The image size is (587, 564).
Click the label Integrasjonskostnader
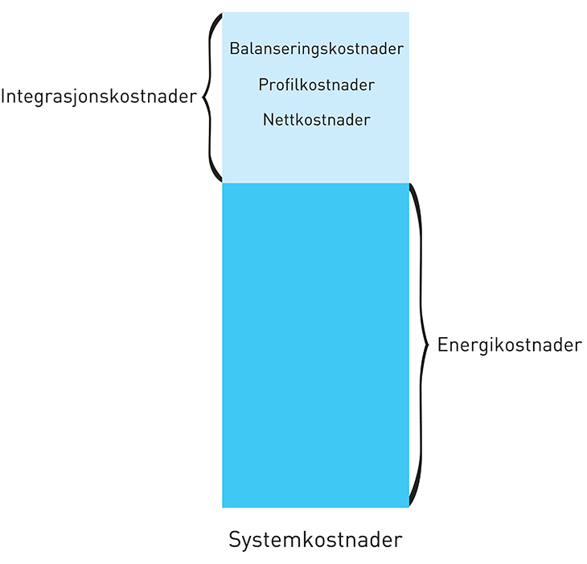click(x=99, y=97)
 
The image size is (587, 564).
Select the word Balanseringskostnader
click(x=316, y=48)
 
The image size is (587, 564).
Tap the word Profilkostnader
click(x=316, y=84)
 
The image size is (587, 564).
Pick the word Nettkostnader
click(x=316, y=120)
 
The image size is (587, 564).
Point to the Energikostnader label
click(x=509, y=345)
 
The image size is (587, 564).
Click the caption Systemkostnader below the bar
click(x=315, y=539)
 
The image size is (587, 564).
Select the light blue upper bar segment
click(x=315, y=153)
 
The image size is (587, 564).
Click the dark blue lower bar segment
click(x=315, y=346)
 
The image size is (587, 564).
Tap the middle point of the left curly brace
click(x=202, y=97)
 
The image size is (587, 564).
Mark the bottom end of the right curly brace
click(x=411, y=505)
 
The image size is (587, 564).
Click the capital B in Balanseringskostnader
click(x=234, y=48)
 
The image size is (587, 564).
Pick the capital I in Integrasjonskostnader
click(x=4, y=97)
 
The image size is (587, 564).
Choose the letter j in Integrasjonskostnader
click(x=84, y=99)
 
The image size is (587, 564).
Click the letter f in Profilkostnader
click(x=289, y=84)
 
